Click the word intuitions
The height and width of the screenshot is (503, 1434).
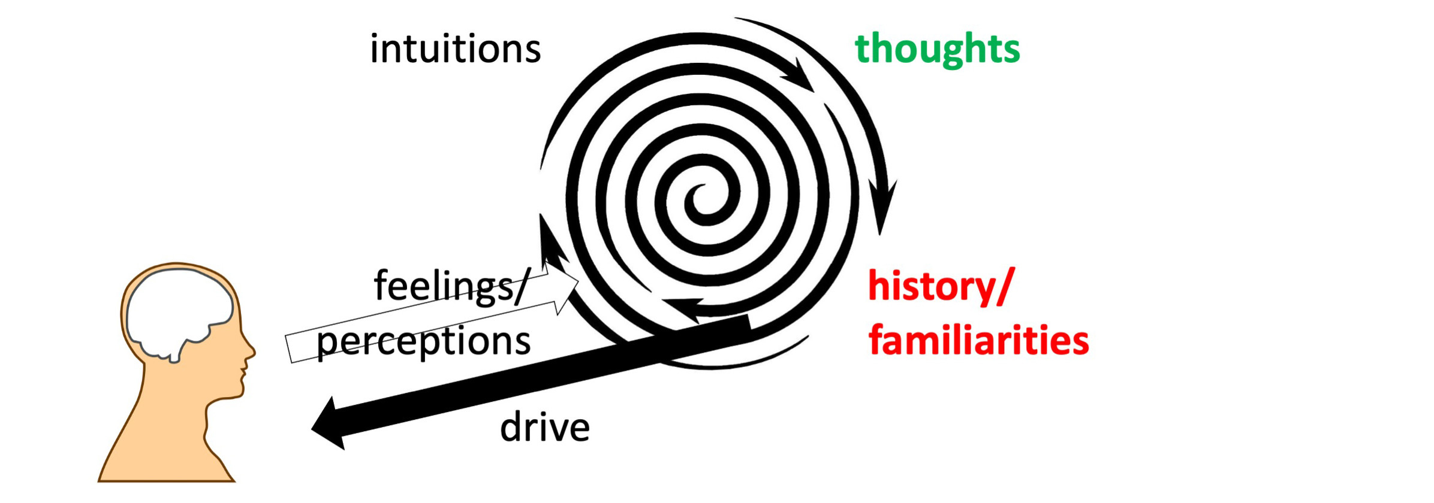[x=455, y=49]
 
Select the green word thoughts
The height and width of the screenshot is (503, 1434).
[x=937, y=49]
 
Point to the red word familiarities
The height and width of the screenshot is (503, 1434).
[x=978, y=341]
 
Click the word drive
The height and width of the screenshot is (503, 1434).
[x=544, y=428]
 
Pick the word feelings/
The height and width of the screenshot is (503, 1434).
[x=451, y=286]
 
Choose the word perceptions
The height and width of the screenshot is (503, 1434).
[x=423, y=341]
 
